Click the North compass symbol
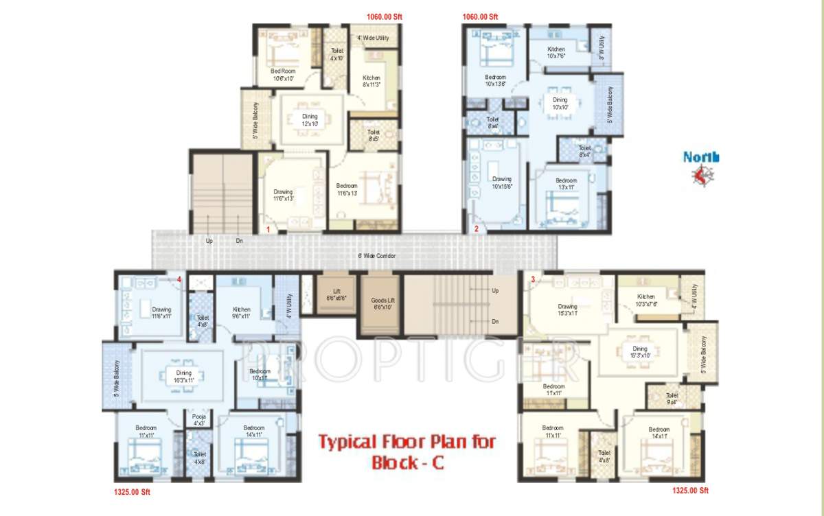coord(701,176)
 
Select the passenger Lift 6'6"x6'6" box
coord(336,295)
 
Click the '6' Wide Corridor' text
coord(377,256)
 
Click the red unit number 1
coord(267,228)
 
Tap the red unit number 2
coord(476,228)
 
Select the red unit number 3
coord(532,279)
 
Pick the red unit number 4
coord(179,279)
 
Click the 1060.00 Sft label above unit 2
coord(481,16)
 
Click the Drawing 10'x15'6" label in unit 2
coord(502,183)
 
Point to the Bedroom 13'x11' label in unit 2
coord(566,184)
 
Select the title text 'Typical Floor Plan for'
coord(406,441)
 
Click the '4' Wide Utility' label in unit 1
coord(373,38)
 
